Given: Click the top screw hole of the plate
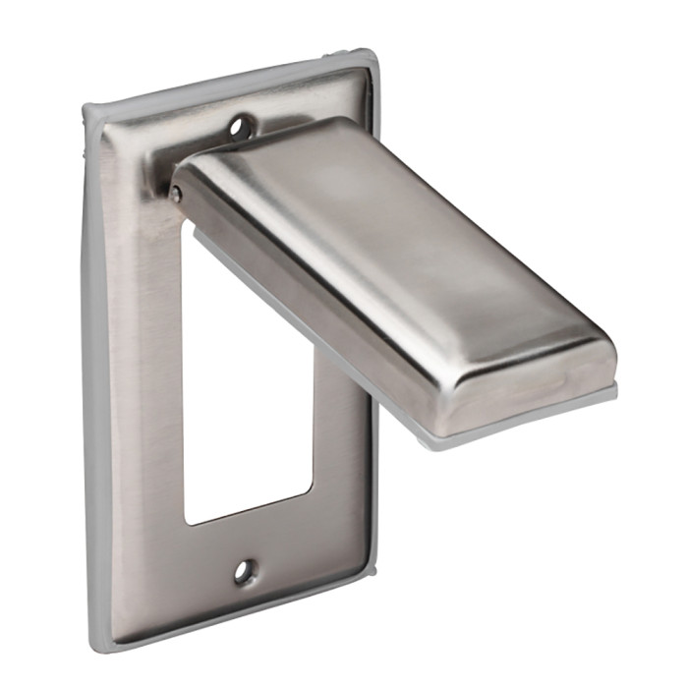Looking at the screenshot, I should click(x=239, y=126).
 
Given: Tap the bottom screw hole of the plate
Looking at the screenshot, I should click(x=244, y=570).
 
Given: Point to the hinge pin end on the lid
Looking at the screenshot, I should click(x=176, y=195).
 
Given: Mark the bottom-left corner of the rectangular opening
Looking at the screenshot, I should click(x=187, y=522).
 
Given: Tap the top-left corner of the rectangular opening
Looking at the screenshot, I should click(x=183, y=222).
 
